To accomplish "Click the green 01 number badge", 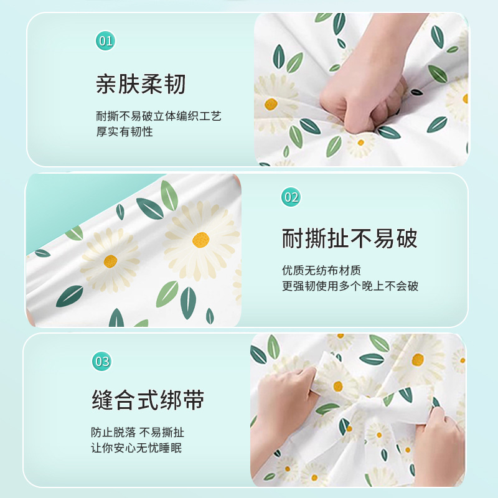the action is [105, 40].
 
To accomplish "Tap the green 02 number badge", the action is [291, 197].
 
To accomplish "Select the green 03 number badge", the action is [102, 361].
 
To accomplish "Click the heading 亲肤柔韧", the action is [141, 84].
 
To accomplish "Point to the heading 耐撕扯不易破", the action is [349, 238].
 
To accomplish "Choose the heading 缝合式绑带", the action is [148, 400].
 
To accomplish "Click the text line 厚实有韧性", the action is [125, 131].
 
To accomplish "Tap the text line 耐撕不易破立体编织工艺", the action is [159, 116].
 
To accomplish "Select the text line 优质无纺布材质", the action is [321, 271].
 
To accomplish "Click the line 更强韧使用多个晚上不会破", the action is [350, 286].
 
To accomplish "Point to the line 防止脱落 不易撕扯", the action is [138, 432].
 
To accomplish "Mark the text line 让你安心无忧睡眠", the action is [136, 448].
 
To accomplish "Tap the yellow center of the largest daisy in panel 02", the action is [200, 240].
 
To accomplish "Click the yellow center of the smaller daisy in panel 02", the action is [110, 261].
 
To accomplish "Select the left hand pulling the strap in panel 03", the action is [283, 400].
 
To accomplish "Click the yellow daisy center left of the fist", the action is [271, 104].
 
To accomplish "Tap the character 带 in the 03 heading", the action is [194, 400].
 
